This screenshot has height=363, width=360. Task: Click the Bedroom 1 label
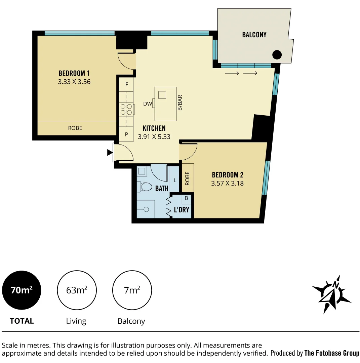[74, 73]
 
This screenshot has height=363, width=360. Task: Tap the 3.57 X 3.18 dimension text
[227, 183]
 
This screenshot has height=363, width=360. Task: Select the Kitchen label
[154, 128]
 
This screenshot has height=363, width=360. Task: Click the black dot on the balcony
[277, 54]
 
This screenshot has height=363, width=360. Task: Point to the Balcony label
[254, 35]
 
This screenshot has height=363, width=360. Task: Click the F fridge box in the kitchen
[127, 85]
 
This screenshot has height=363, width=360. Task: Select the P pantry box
[127, 134]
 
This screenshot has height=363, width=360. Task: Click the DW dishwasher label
[147, 104]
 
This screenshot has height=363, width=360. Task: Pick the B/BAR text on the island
[180, 103]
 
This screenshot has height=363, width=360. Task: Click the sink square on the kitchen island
[162, 95]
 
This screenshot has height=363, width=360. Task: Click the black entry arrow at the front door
[110, 153]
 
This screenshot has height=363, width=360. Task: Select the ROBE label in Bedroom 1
[75, 128]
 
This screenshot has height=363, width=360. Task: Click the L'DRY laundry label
[181, 210]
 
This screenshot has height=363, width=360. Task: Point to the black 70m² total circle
[22, 290]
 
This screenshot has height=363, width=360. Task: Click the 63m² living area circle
[77, 290]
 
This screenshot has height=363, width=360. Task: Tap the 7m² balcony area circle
[132, 290]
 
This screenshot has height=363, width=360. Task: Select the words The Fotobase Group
[331, 353]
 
